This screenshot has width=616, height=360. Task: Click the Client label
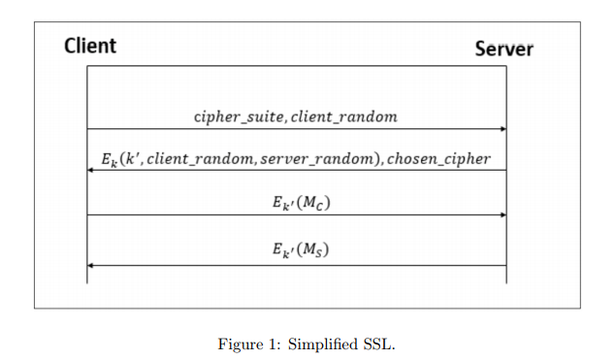(90, 46)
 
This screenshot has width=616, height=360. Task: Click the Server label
(503, 49)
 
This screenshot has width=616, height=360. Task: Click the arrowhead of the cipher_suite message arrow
(503, 128)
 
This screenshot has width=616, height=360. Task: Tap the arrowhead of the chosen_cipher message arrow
(91, 170)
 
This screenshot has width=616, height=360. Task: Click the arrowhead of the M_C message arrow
(503, 214)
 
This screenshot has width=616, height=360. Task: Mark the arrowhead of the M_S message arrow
(91, 264)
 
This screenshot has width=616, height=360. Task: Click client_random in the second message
(200, 158)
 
